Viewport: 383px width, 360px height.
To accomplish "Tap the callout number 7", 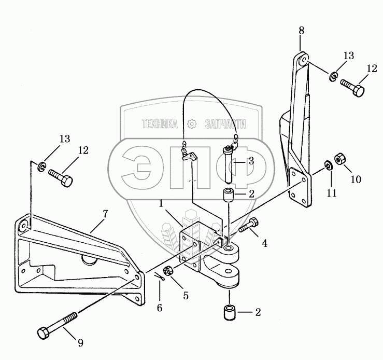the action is point(105,214).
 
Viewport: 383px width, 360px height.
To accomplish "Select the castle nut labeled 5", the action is point(168,271).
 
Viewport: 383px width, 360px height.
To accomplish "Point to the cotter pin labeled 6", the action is point(159,278).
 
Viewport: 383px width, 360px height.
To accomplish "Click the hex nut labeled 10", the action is point(339,159).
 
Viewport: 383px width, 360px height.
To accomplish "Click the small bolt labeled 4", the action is point(249,225).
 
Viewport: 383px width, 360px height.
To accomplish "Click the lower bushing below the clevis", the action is point(230,312).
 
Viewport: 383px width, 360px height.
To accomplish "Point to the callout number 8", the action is point(302,31).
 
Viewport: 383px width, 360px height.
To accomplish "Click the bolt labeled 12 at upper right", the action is point(352,88).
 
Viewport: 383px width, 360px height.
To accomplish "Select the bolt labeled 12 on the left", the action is point(61,178).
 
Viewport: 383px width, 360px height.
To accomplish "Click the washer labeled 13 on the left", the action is point(41,166).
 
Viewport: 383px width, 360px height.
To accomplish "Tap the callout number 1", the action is point(161,203).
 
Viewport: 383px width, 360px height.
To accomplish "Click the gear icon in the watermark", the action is point(192,123).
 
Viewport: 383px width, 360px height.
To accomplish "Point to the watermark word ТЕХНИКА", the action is point(160,124).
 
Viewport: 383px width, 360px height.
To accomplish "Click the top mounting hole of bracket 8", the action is point(303,59).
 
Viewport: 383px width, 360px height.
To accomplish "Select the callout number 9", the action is point(80,343).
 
